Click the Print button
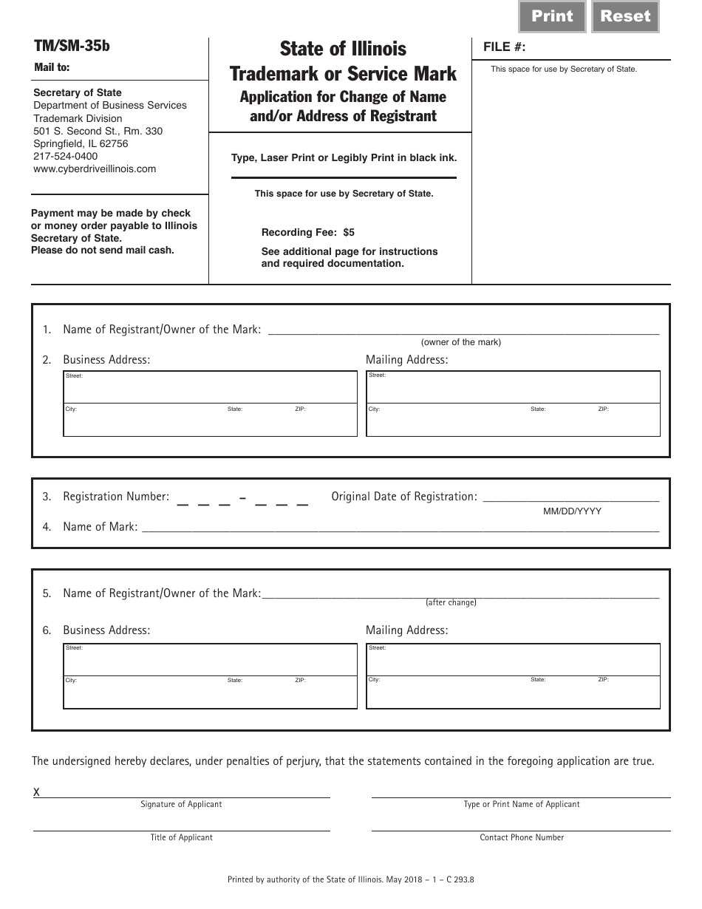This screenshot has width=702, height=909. (552, 16)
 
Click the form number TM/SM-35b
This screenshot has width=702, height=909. (72, 46)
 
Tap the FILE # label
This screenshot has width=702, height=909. (505, 47)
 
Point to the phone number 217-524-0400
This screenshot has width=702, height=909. (65, 156)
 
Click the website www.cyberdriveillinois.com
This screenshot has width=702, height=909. (95, 168)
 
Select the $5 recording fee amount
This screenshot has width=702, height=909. (349, 232)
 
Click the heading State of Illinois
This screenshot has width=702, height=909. (343, 49)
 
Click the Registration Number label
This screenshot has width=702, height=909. (116, 497)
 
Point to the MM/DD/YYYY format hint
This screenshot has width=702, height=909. (572, 511)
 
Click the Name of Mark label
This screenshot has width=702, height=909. (100, 527)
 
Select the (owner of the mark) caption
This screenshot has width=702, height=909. (461, 342)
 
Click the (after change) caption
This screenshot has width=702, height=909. (451, 602)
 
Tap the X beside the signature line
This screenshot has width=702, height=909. (37, 792)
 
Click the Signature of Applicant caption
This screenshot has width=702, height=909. (181, 804)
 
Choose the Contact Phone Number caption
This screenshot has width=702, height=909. (522, 837)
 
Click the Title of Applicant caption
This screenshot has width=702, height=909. (181, 837)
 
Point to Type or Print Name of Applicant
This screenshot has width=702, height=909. (522, 804)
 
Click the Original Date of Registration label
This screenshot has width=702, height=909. (403, 497)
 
